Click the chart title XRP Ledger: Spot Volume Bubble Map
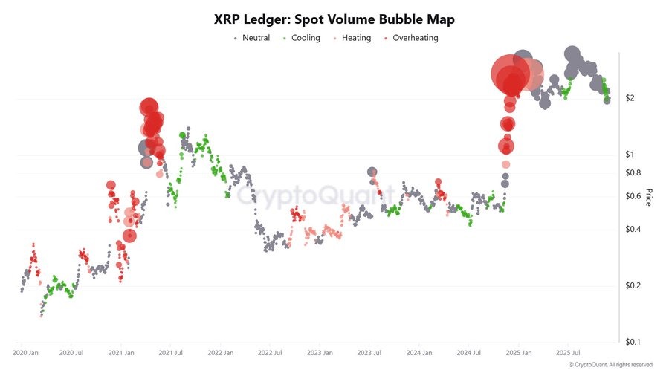[x=334, y=19]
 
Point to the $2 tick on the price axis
[x=630, y=98]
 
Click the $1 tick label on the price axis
[x=630, y=155]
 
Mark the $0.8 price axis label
[x=633, y=172]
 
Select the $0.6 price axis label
[x=633, y=196]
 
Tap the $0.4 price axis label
[x=633, y=230]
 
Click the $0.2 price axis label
[x=633, y=286]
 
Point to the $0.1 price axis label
[x=633, y=343]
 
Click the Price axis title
[x=648, y=197]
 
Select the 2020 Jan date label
[x=26, y=353]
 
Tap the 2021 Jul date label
[x=170, y=353]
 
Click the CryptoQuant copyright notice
[x=610, y=365]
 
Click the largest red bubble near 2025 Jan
[x=511, y=74]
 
